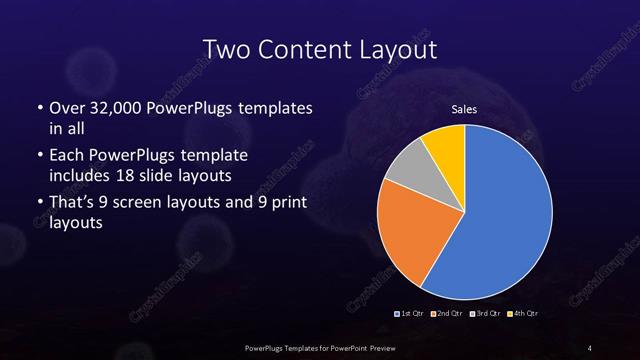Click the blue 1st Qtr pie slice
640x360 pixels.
point(500,220)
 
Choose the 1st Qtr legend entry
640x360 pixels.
point(410,314)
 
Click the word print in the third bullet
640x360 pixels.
point(278,205)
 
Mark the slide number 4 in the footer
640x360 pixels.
point(590,347)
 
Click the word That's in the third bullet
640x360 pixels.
point(72,205)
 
